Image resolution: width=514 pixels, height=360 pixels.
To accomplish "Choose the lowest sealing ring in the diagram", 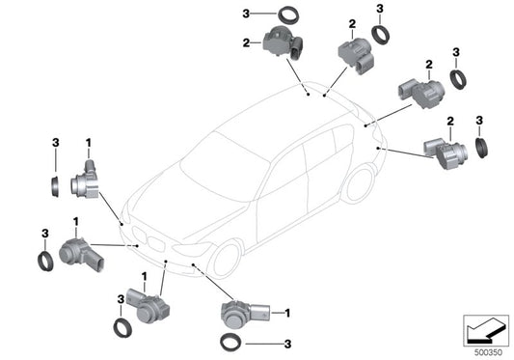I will click(x=230, y=343).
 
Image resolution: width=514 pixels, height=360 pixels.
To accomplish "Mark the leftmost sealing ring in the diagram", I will click(x=45, y=260).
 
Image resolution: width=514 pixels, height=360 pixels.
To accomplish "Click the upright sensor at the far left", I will click(x=86, y=181).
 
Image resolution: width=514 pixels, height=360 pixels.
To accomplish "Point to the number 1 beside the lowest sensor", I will click(x=286, y=313).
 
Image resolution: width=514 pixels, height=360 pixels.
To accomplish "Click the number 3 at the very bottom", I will click(x=286, y=343).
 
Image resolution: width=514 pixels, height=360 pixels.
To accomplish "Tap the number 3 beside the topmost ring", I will click(x=246, y=14).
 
